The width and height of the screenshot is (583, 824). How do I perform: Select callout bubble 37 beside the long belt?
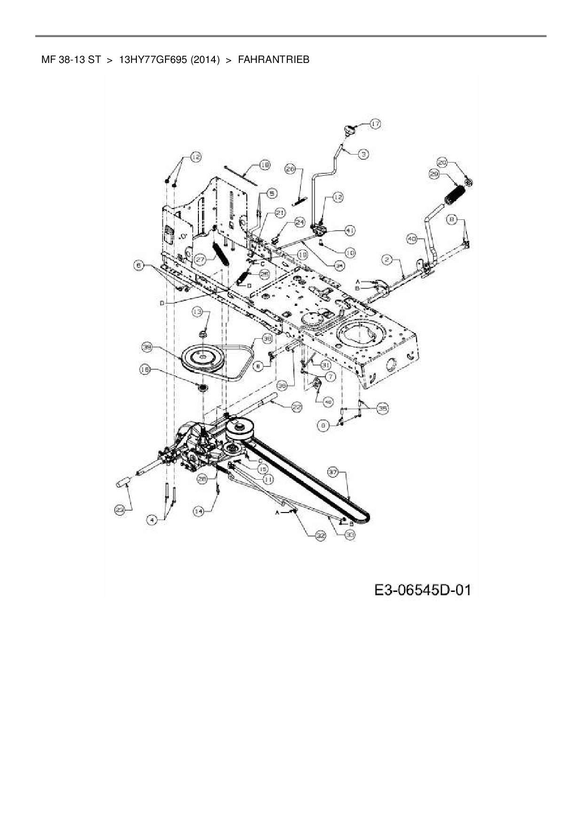coord(333,472)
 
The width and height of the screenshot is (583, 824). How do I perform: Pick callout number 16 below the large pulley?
coord(145,370)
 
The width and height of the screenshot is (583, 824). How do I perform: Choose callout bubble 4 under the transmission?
coord(152,520)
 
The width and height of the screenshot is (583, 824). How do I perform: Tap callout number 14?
coord(199,512)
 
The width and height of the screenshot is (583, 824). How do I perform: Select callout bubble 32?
coord(321,535)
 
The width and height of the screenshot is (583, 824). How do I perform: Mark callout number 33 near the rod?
coord(349,535)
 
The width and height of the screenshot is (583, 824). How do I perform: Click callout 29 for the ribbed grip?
coord(434,174)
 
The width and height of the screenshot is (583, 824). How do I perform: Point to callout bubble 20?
coord(442,163)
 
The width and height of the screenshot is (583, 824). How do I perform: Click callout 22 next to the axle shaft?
coord(297,407)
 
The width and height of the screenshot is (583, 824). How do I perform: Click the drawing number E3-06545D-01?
coord(423,590)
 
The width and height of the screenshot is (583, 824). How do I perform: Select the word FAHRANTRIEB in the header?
coord(274,60)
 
